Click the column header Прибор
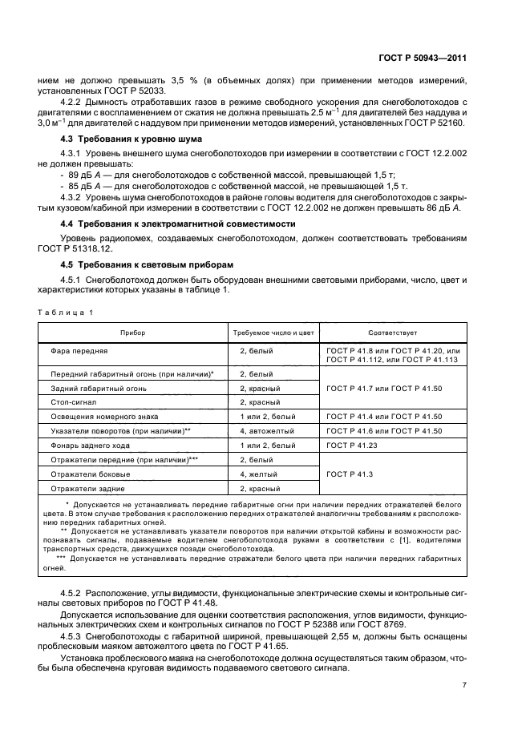(132, 332)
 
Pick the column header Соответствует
(393, 332)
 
